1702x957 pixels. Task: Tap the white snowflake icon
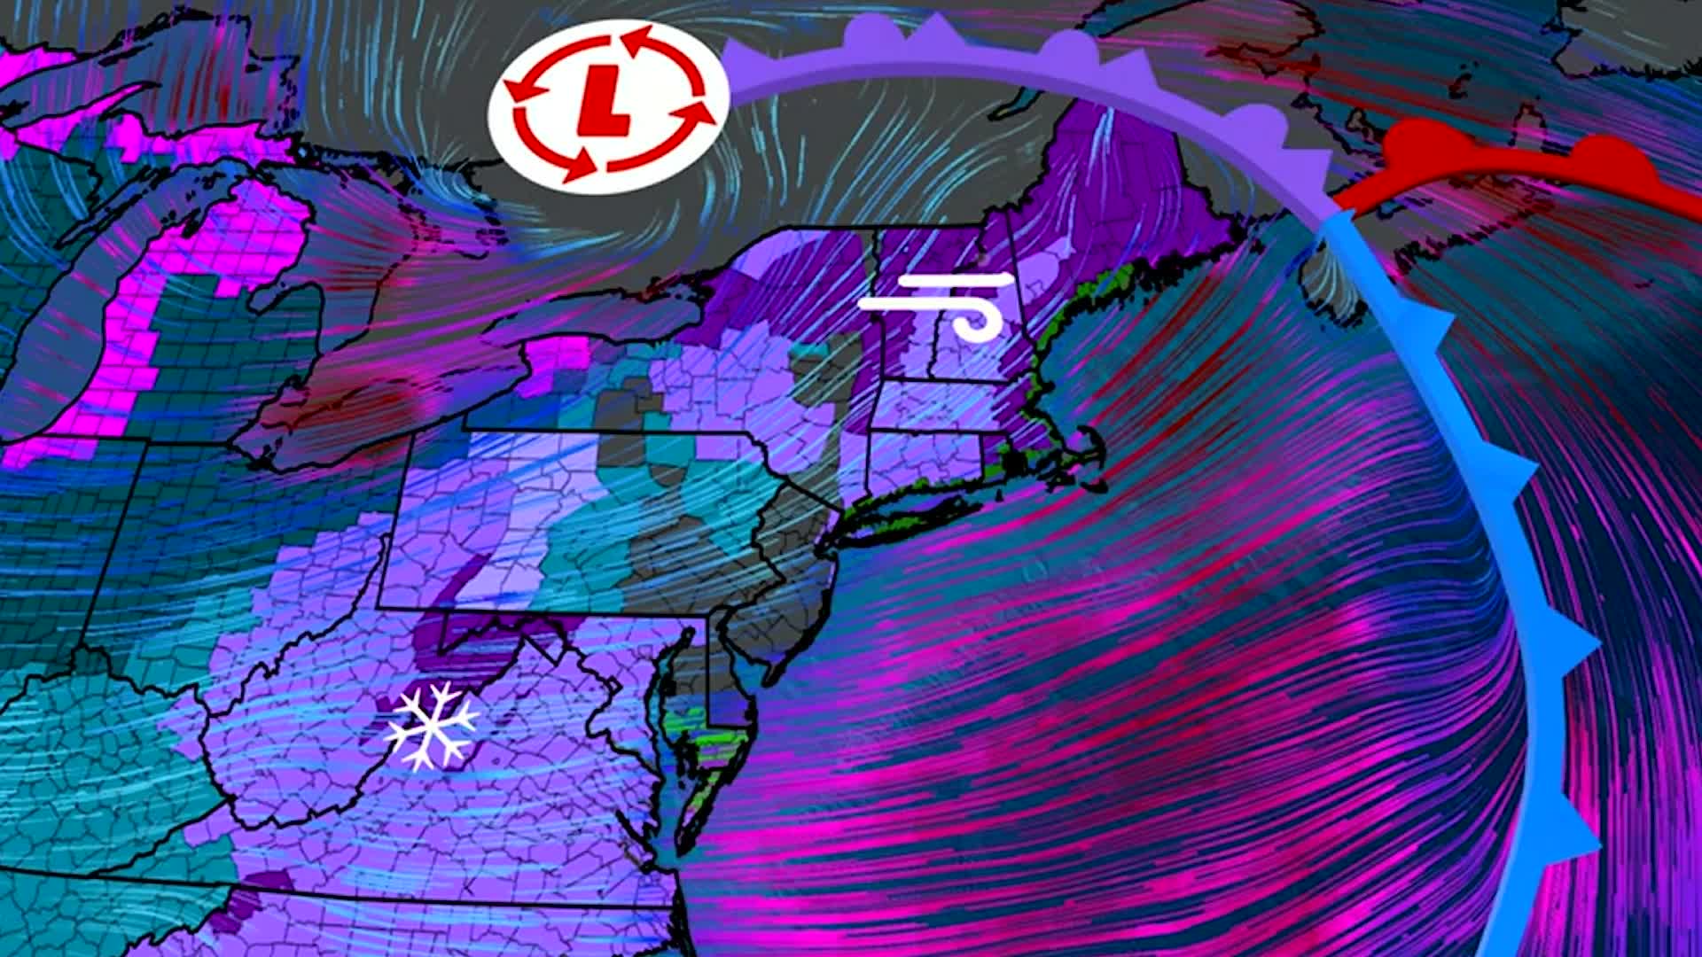(x=433, y=726)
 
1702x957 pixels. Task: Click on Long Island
(x=913, y=509)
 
